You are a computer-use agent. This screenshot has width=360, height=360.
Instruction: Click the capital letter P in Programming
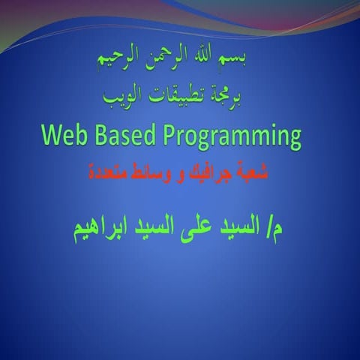[184, 136]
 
